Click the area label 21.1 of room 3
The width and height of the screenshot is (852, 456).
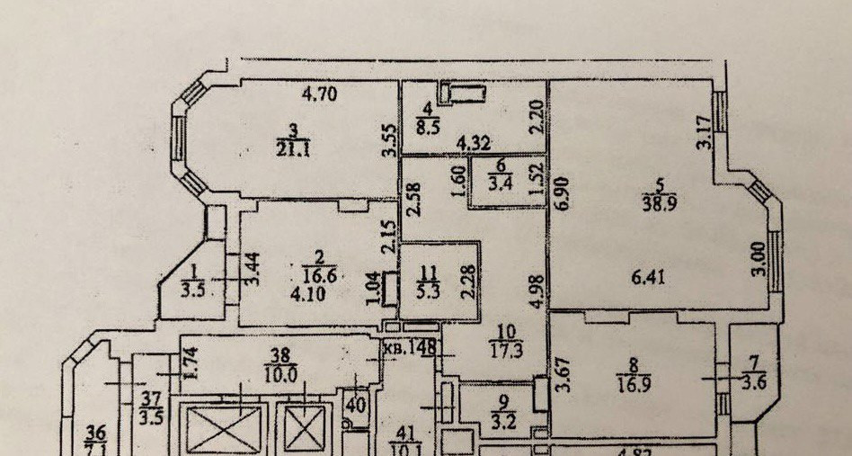292,151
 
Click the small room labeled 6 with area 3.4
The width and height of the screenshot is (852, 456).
500,180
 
